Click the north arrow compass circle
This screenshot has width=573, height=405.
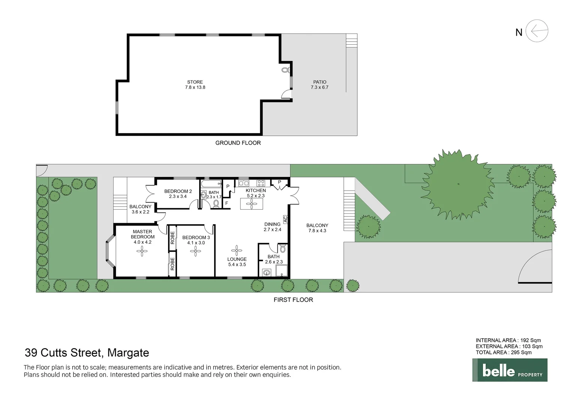[537, 31]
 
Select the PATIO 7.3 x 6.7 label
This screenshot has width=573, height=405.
[319, 84]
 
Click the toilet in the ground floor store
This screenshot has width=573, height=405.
[285, 70]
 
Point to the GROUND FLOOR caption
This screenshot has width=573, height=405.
[238, 143]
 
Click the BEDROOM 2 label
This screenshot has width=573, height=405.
[178, 191]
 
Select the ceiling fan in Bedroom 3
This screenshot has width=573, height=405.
[196, 251]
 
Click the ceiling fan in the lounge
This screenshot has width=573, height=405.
[237, 250]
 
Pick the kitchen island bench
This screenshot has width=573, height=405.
[252, 204]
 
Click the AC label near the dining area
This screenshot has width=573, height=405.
[285, 219]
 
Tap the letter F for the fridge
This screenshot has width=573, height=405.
[226, 203]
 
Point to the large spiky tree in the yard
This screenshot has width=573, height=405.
[458, 184]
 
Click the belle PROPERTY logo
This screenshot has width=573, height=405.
[510, 370]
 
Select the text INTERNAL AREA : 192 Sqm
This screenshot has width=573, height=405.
[508, 340]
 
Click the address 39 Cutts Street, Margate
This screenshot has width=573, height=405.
[87, 353]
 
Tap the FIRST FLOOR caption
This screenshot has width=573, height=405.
[293, 300]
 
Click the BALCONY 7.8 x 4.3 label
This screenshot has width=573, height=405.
[317, 228]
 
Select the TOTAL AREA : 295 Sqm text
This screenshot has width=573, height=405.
[504, 352]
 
